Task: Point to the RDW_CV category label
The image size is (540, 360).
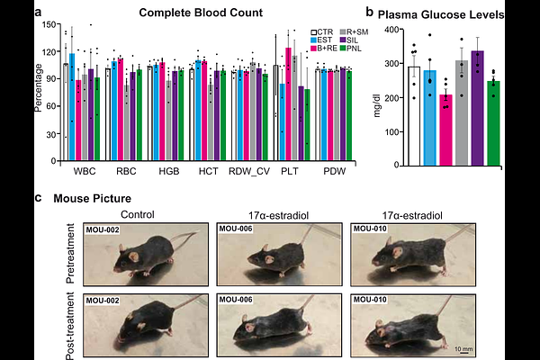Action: pyautogui.click(x=243, y=171)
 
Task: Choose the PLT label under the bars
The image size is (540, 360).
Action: pyautogui.click(x=286, y=171)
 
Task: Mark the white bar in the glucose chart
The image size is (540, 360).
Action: pyautogui.click(x=414, y=116)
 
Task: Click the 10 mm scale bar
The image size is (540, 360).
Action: pyautogui.click(x=459, y=348)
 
